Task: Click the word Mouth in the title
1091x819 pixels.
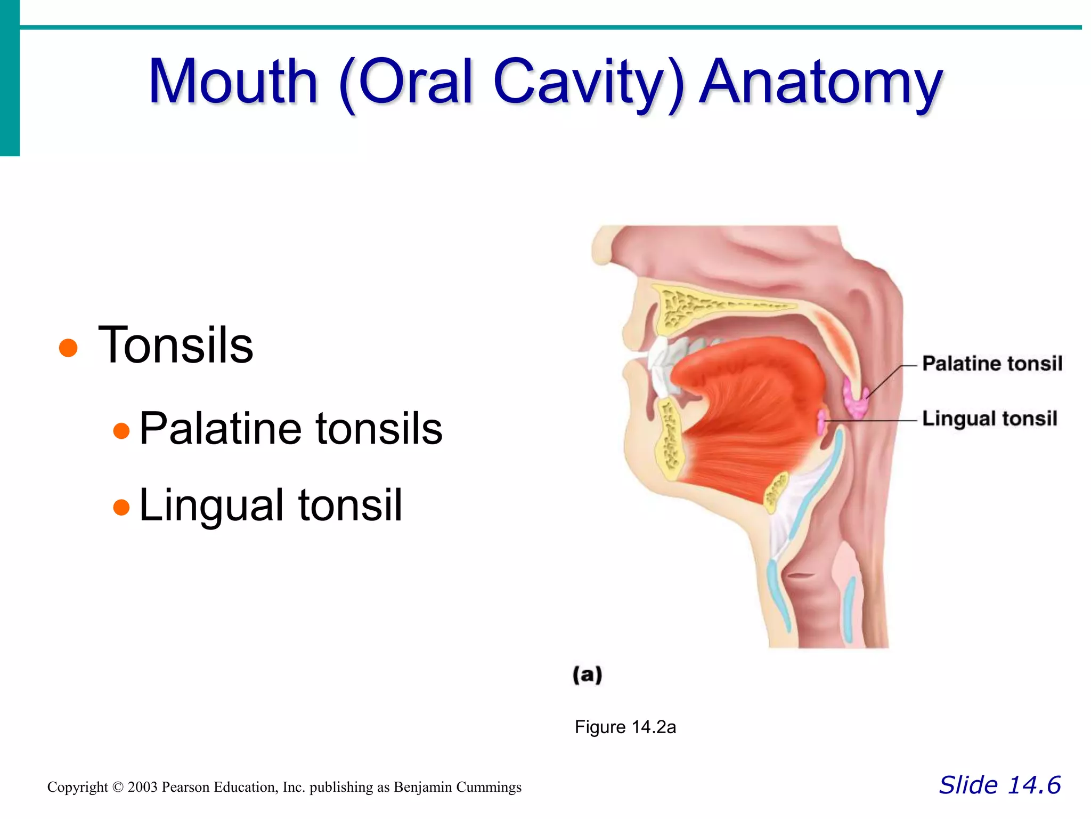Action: tap(233, 83)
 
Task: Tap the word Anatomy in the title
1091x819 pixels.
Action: tap(820, 83)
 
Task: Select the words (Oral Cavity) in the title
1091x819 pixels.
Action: tap(510, 83)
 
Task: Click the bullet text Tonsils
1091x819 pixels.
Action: tap(176, 346)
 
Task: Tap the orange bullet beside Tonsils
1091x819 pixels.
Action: tap(68, 348)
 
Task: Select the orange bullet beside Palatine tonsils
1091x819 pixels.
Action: tap(121, 430)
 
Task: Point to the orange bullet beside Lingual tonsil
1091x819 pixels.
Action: tap(121, 507)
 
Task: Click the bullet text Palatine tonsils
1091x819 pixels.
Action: tap(291, 428)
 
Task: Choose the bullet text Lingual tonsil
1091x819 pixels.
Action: tap(271, 505)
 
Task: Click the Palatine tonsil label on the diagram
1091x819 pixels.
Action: tap(992, 364)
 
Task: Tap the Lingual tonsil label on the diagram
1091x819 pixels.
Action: tap(989, 419)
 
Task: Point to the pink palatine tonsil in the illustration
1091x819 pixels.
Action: tap(856, 399)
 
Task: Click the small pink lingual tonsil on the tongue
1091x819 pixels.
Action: tap(822, 422)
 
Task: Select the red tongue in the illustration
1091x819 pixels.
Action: tap(751, 405)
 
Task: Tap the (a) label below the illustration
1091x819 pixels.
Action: tap(587, 675)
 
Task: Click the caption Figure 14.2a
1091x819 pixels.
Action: tap(625, 727)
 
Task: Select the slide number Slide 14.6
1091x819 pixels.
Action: tap(999, 785)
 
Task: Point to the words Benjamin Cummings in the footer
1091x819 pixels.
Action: tap(458, 788)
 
